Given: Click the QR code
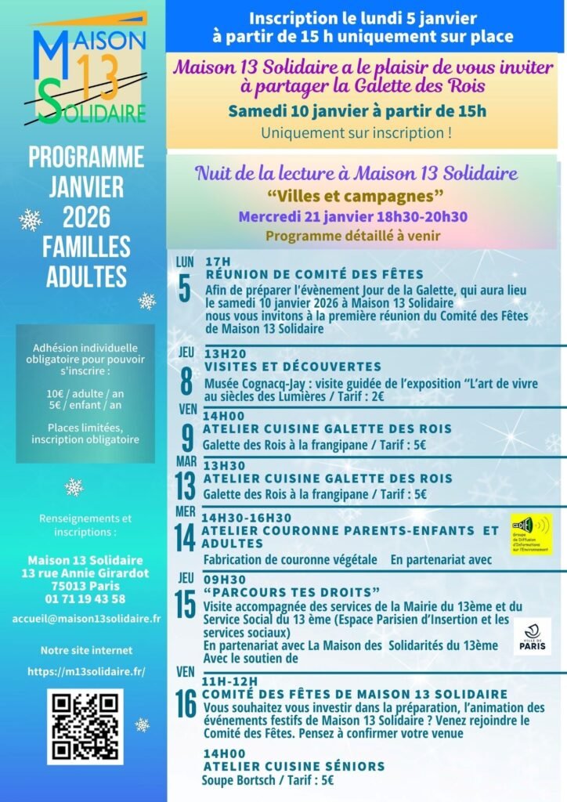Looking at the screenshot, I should click(x=85, y=726).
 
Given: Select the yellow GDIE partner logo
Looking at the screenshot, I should click(x=530, y=534).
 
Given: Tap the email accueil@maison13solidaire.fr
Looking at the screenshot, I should click(x=86, y=618).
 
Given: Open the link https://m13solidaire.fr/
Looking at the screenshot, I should click(x=86, y=671).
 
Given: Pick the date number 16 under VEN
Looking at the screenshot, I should click(x=186, y=703).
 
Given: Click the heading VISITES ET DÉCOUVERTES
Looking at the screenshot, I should click(x=293, y=366).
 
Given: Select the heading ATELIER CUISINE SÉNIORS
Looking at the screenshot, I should click(x=294, y=765).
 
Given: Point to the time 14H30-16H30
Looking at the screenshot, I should click(x=247, y=518).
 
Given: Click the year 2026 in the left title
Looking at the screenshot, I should click(x=86, y=216).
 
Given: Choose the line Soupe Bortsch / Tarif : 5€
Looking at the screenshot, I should click(x=268, y=780).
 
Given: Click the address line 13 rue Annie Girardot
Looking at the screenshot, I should click(x=85, y=573).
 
